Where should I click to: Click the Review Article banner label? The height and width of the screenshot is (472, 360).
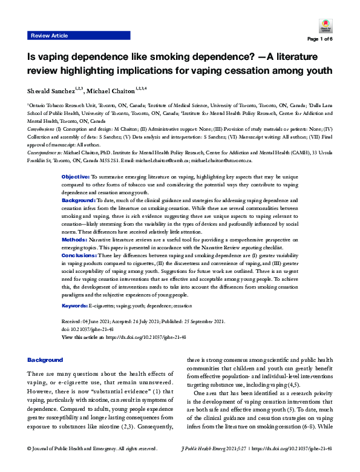[x=50, y=36]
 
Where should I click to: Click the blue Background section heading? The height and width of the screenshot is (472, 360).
[x=45, y=359]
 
